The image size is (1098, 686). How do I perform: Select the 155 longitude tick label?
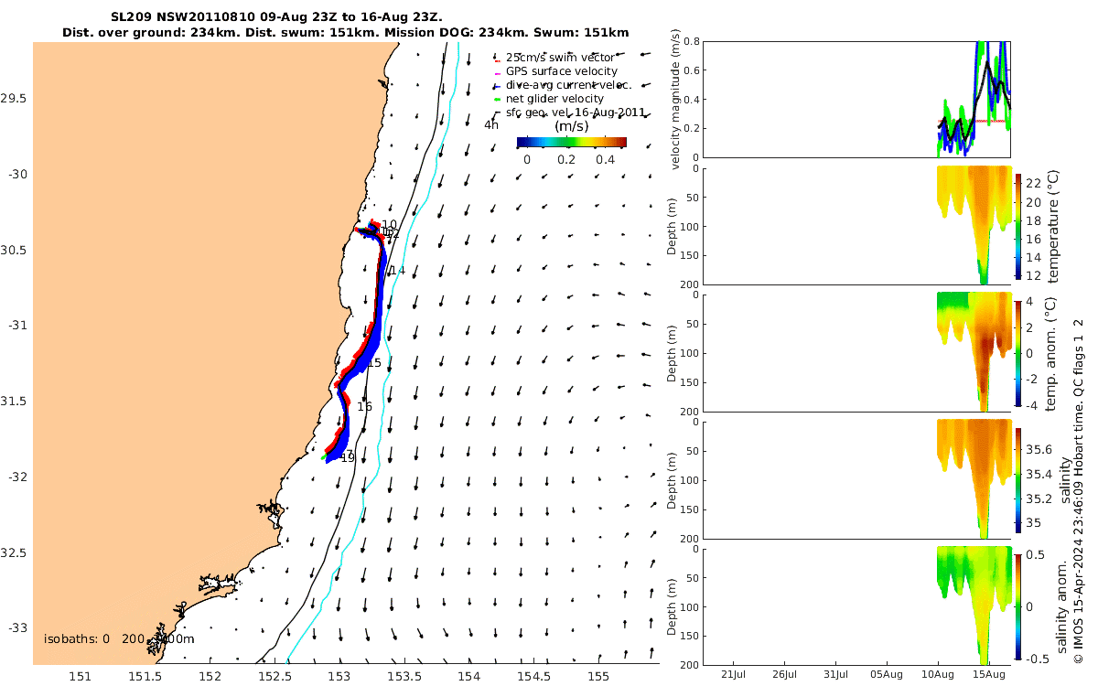click(598, 676)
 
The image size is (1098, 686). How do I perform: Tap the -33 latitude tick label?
click(16, 628)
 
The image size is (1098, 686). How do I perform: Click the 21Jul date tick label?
click(735, 676)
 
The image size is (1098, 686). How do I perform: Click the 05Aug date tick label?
click(888, 676)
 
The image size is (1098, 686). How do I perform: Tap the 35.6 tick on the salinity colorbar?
click(1042, 449)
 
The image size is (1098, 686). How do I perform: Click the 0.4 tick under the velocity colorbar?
click(604, 159)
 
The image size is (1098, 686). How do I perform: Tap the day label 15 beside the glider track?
click(373, 363)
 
